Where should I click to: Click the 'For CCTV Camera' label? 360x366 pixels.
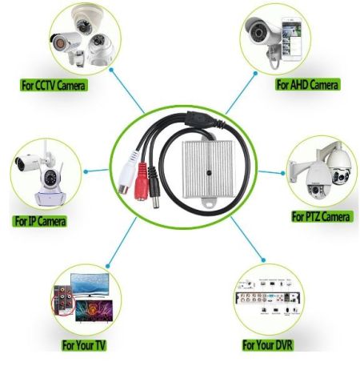coord(54,86)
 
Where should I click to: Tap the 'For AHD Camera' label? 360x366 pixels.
coord(307,85)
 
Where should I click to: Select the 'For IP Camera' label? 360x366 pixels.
coord(40,221)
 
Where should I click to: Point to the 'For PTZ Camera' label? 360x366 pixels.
coord(321,216)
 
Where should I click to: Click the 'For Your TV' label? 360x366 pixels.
coord(84,345)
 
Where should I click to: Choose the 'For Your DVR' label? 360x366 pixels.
coord(267,344)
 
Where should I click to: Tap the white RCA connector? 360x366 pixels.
coord(127,174)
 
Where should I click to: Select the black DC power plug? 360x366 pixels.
coord(154,187)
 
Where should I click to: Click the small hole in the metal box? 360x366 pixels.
coord(209,172)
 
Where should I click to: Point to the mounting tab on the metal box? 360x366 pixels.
coord(210,203)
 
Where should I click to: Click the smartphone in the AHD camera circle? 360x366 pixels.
coord(291,39)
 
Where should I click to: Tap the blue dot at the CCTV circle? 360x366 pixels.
coord(111,70)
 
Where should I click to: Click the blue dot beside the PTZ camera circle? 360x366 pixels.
coord(283,173)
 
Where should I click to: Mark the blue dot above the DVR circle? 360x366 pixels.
coord(263,260)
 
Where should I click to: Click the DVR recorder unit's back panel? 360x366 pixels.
coord(268,298)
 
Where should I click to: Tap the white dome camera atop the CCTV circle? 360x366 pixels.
coord(84,19)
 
